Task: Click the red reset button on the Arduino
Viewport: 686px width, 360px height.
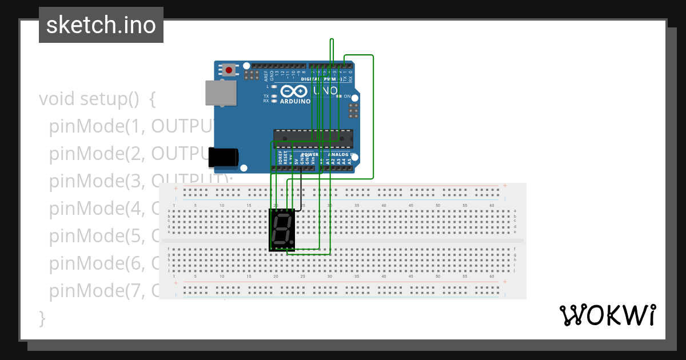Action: pyautogui.click(x=229, y=70)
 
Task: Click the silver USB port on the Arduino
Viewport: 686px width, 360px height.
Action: pyautogui.click(x=220, y=93)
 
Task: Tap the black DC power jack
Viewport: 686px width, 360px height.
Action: pyautogui.click(x=222, y=158)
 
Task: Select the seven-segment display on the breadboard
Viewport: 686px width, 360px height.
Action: pyautogui.click(x=282, y=230)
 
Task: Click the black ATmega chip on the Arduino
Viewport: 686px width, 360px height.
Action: pyautogui.click(x=313, y=138)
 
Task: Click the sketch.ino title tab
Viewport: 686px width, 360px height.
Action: pyautogui.click(x=101, y=25)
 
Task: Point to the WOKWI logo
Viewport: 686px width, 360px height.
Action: pyautogui.click(x=607, y=315)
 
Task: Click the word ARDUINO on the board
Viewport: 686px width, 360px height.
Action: pyautogui.click(x=295, y=101)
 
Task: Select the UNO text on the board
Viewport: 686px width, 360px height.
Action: pyautogui.click(x=326, y=90)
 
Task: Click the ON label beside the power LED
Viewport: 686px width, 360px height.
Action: pyautogui.click(x=346, y=96)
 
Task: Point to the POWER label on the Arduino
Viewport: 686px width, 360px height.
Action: pyautogui.click(x=309, y=155)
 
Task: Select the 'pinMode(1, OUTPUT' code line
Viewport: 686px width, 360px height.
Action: pyautogui.click(x=131, y=126)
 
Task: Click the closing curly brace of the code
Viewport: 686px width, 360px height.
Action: pyautogui.click(x=41, y=318)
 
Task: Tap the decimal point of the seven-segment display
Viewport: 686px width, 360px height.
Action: pyautogui.click(x=292, y=245)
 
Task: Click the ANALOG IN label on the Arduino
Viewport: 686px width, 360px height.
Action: pyautogui.click(x=341, y=155)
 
